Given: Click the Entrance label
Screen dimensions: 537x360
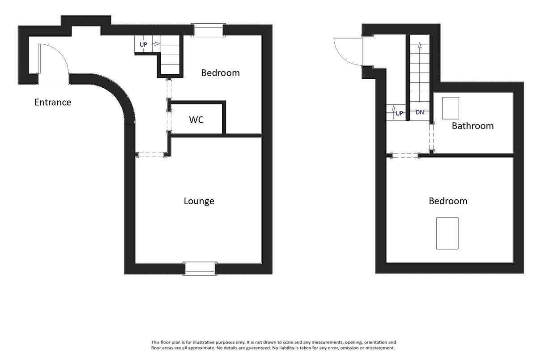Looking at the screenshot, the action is pyautogui.click(x=53, y=103).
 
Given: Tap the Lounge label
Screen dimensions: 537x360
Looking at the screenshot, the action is pyautogui.click(x=199, y=201).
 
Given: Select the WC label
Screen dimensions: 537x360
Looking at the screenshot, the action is pyautogui.click(x=196, y=120).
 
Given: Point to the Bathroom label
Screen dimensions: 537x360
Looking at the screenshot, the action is pyautogui.click(x=473, y=126).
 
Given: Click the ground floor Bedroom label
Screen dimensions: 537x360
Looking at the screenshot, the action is pyautogui.click(x=220, y=73).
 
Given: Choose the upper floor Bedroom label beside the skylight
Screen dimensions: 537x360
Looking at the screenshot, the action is pyautogui.click(x=448, y=201).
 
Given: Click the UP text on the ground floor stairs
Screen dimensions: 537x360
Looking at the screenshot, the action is pyautogui.click(x=143, y=45).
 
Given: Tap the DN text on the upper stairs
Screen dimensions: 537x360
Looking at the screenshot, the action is pyautogui.click(x=420, y=112).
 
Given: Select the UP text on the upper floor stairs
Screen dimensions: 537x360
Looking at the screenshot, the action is pyautogui.click(x=399, y=113).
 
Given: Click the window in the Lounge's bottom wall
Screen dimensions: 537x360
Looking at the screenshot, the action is pyautogui.click(x=200, y=269).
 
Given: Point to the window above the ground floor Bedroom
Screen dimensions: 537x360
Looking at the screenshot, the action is pyautogui.click(x=209, y=30).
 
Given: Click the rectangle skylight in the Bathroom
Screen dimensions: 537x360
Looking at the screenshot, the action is pyautogui.click(x=451, y=108).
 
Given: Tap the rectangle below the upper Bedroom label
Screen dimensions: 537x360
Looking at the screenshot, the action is pyautogui.click(x=447, y=233).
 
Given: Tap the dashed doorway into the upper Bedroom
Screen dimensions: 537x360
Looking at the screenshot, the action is pyautogui.click(x=405, y=156).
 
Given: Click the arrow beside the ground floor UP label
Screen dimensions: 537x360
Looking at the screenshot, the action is pyautogui.click(x=157, y=43).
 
